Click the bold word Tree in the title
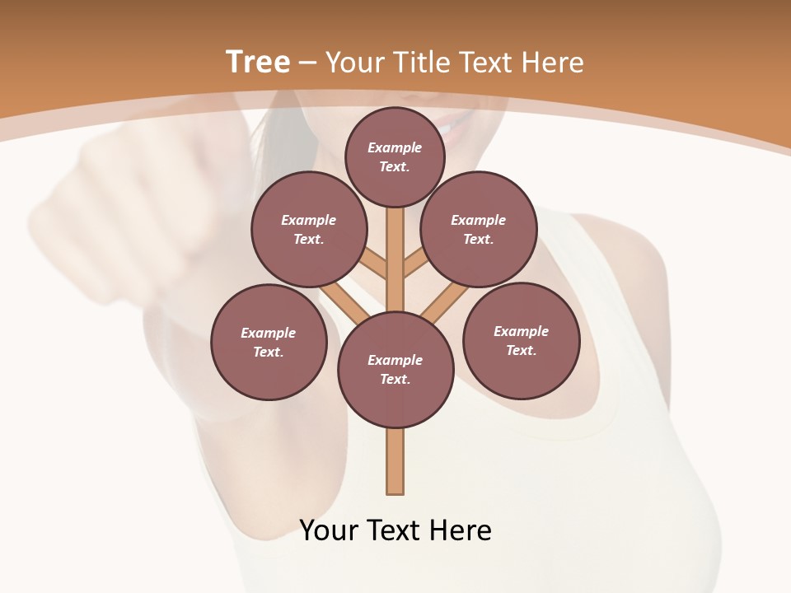click(x=258, y=62)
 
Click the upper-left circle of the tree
click(x=309, y=229)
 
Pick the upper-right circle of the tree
click(x=479, y=229)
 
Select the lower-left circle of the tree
click(x=269, y=342)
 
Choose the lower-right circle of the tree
click(x=521, y=340)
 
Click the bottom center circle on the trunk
click(x=395, y=370)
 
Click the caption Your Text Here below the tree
click(x=395, y=530)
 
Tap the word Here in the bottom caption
click(x=462, y=530)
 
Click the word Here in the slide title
click(x=554, y=62)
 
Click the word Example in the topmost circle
click(x=395, y=147)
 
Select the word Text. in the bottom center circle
click(x=395, y=380)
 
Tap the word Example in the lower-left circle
click(x=269, y=333)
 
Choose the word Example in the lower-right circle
click(x=521, y=331)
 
